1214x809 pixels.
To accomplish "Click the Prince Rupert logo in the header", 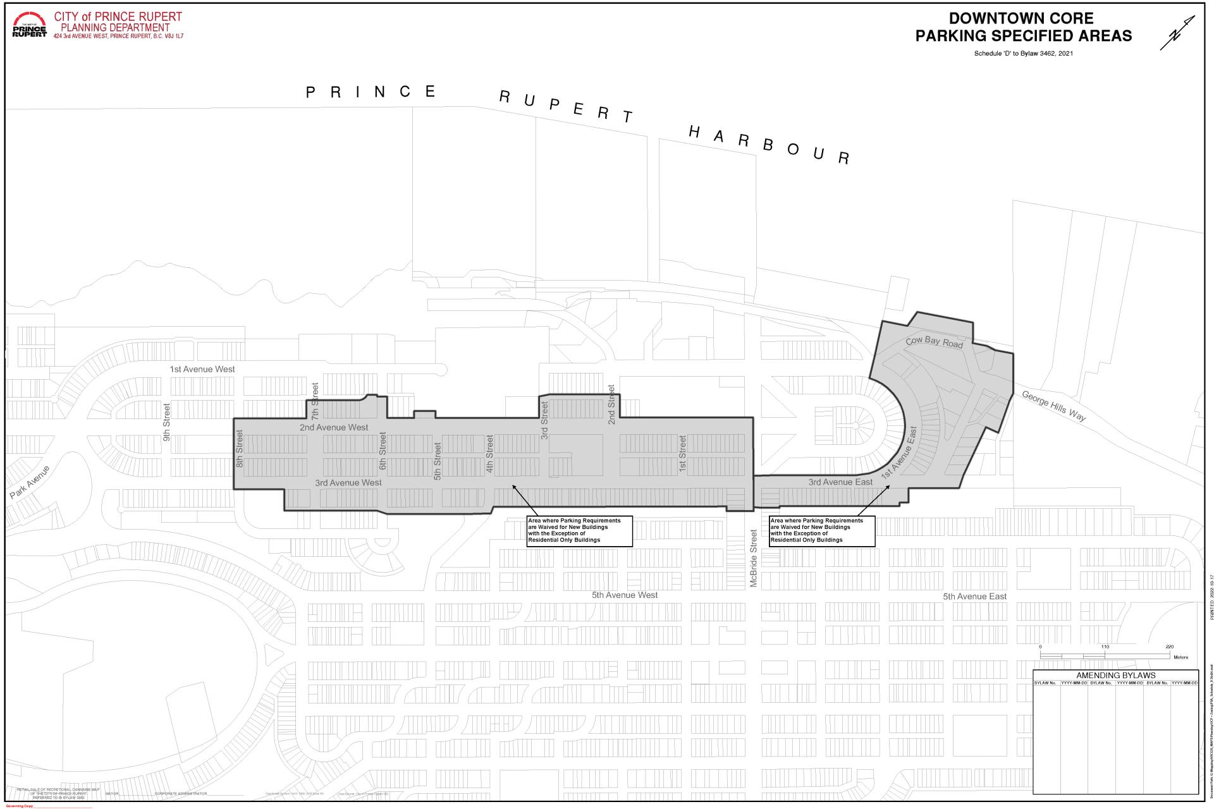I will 29,25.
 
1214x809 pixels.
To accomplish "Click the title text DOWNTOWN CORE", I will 1021,18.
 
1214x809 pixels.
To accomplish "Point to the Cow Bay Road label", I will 934,342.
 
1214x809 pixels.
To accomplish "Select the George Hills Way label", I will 1053,406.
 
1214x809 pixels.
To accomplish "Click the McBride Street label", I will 753,559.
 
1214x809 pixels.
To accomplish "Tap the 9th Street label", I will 167,422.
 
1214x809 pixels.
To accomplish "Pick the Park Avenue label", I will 29,482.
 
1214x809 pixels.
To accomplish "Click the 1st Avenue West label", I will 202,369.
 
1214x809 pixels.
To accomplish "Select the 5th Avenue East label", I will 974,596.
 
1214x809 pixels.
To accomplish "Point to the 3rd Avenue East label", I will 840,482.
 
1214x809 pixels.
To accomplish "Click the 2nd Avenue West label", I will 334,427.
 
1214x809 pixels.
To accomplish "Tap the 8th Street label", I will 240,448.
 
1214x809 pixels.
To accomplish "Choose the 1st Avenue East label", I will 899,452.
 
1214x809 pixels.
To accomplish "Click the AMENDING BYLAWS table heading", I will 1115,675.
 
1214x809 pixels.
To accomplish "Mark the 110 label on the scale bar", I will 1105,647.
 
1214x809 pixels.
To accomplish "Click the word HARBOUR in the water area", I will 768,145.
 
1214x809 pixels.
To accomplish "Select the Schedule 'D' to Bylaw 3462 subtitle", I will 1023,54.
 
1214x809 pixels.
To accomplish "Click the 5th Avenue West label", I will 625,595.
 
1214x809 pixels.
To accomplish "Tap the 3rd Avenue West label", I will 348,483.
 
